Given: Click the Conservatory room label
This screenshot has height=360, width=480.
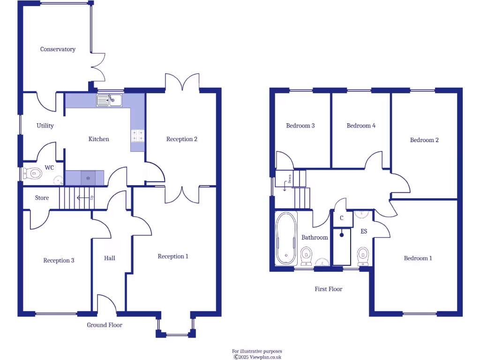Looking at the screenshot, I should click(58, 49).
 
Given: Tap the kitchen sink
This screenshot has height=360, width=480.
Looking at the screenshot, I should click(109, 100).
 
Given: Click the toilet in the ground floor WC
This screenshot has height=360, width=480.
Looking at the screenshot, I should click(33, 173).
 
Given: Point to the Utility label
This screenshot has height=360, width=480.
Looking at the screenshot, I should click(45, 126).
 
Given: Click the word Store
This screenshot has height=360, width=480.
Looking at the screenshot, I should click(42, 198).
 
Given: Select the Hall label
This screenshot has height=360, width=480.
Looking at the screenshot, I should click(109, 258).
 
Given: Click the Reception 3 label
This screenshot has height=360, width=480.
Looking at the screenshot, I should click(59, 261).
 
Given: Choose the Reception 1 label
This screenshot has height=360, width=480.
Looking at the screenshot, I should click(173, 256).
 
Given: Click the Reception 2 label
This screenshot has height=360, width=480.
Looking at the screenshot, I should click(182, 139).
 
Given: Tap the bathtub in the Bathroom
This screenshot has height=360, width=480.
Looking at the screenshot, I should click(286, 238).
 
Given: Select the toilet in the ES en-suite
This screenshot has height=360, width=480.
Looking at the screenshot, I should click(363, 256).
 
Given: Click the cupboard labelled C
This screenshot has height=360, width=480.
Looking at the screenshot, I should click(342, 218).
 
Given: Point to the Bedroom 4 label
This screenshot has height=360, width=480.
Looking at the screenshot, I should click(361, 126).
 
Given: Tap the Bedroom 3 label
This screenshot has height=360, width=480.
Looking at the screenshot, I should click(300, 126).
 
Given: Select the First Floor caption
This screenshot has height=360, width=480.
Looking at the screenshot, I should click(328, 289).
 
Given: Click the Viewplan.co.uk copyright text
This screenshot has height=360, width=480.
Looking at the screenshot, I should click(257, 357).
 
